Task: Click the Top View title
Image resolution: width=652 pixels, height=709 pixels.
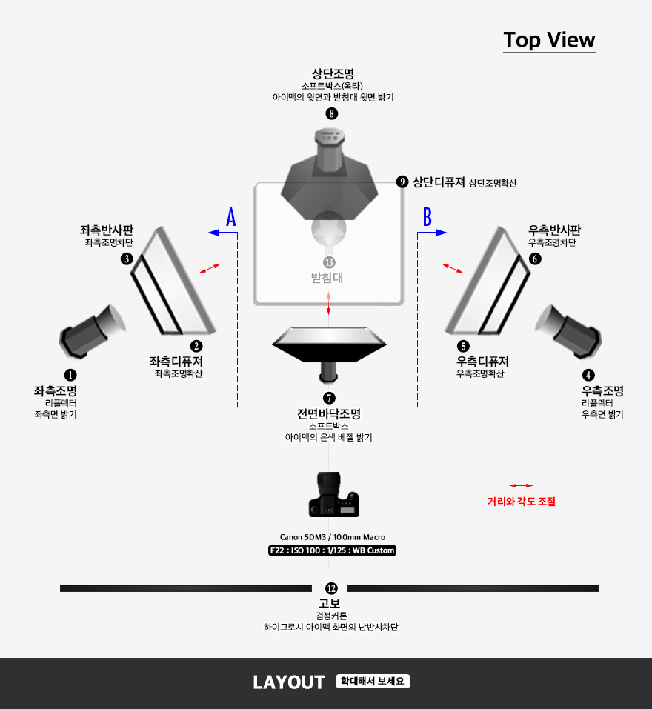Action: (x=549, y=40)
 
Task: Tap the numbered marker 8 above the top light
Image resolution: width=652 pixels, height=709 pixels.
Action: (x=332, y=113)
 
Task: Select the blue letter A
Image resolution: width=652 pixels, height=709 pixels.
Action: (x=231, y=217)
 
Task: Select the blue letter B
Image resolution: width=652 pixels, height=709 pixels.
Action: (x=428, y=217)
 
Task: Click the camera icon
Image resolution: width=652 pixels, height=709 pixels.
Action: (x=333, y=494)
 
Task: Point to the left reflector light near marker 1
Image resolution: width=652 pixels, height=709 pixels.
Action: (x=93, y=331)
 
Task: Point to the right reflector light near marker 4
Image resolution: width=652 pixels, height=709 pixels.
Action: (x=568, y=331)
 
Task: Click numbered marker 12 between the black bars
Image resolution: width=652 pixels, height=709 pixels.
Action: (x=331, y=588)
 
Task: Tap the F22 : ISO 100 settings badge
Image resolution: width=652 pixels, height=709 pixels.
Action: (x=332, y=550)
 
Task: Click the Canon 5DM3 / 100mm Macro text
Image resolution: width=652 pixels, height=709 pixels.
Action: (x=333, y=537)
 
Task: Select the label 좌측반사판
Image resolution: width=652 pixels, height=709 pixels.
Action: (x=107, y=230)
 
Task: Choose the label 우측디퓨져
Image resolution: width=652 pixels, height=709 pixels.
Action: (x=482, y=362)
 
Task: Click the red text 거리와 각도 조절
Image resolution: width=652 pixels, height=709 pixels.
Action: (x=522, y=501)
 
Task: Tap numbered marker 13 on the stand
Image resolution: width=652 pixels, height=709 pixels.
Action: (x=329, y=262)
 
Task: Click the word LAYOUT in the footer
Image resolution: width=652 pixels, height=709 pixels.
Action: (x=289, y=682)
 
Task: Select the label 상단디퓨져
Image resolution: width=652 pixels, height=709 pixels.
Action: (x=439, y=182)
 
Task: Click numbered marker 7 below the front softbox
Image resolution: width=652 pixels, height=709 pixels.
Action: (x=329, y=398)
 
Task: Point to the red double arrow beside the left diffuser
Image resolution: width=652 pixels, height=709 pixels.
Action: (x=210, y=269)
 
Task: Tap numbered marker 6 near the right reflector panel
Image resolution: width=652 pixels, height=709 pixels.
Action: (x=536, y=259)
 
